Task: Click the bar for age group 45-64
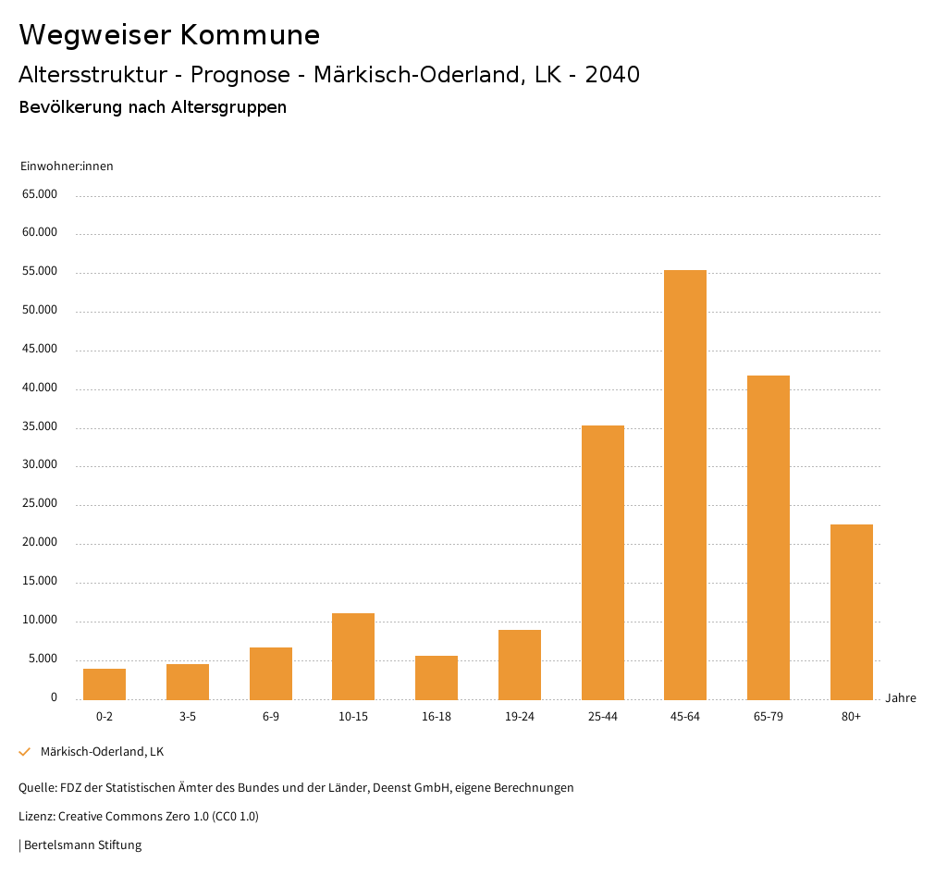[x=685, y=485]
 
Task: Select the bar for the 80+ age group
[x=851, y=611]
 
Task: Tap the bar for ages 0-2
[x=105, y=684]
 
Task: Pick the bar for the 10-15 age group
[x=353, y=656]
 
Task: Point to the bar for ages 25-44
[x=603, y=562]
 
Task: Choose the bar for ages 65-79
[x=769, y=537]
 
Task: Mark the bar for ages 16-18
[x=437, y=677]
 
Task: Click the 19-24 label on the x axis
[x=520, y=717]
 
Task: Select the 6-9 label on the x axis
[x=271, y=717]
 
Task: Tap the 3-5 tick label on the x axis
[x=188, y=717]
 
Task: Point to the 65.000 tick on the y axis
[x=40, y=194]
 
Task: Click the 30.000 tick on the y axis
[x=40, y=465]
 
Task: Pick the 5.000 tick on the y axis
[x=43, y=659]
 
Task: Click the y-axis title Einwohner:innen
[x=67, y=166]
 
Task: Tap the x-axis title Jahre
[x=901, y=698]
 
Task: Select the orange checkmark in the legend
[x=25, y=752]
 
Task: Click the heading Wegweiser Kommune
[x=169, y=35]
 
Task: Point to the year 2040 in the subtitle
[x=612, y=75]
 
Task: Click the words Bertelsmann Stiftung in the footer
[x=82, y=845]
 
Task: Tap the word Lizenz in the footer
[x=36, y=817]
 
